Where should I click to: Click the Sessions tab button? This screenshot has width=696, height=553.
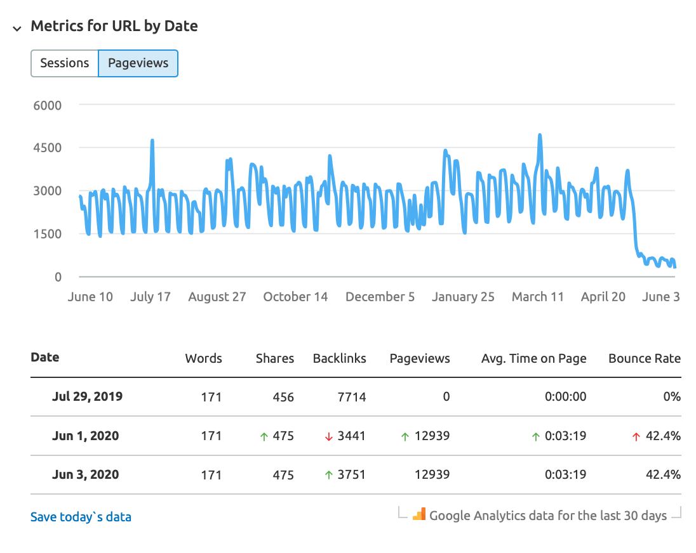coord(65,63)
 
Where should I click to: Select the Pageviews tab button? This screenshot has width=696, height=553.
coord(138,63)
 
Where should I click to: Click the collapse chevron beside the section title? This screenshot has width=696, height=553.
coord(17,27)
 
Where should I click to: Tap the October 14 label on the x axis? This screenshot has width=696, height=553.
coord(295,297)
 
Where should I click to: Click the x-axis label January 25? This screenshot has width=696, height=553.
coord(463,297)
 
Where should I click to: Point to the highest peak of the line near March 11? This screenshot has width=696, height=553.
coord(540,136)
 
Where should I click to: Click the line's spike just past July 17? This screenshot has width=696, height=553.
coord(152,141)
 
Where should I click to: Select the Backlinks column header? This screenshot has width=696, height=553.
coord(339,358)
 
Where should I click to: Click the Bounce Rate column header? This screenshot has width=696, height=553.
coord(644,358)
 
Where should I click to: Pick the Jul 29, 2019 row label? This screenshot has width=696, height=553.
coord(87,397)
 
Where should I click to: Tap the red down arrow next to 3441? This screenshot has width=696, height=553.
coord(328,436)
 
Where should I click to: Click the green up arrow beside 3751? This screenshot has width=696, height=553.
coord(328,475)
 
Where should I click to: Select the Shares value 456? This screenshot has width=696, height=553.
coord(283,397)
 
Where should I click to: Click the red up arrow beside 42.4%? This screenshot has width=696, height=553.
coord(637,436)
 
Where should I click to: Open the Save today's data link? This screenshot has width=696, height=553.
coord(81,517)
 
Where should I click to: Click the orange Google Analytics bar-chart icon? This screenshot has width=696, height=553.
coord(418,514)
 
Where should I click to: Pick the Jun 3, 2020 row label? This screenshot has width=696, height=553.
coord(85,475)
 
